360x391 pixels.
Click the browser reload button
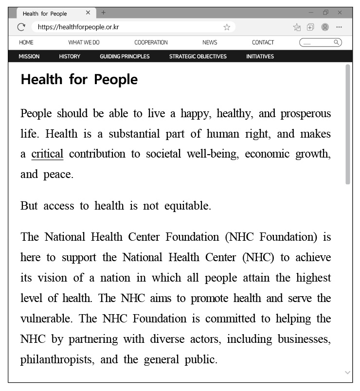tap(21, 27)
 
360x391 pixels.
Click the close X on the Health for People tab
tap(88, 13)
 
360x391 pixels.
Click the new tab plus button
tap(103, 13)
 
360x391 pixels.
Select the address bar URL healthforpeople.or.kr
tap(78, 27)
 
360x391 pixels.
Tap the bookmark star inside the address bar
tap(227, 27)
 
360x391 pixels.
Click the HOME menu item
tap(26, 43)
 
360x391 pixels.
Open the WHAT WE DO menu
tap(84, 43)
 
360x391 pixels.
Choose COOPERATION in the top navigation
tap(151, 43)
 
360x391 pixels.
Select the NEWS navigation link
tap(210, 43)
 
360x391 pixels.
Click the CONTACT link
tap(263, 43)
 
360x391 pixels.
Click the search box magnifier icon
tap(336, 43)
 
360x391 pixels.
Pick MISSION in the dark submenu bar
tap(29, 56)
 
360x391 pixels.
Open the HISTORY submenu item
tap(70, 56)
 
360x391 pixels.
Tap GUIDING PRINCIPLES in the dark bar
tap(125, 56)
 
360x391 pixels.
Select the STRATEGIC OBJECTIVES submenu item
tap(198, 56)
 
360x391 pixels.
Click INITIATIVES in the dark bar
tap(260, 56)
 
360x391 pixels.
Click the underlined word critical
tap(47, 154)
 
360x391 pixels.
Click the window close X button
tap(340, 13)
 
